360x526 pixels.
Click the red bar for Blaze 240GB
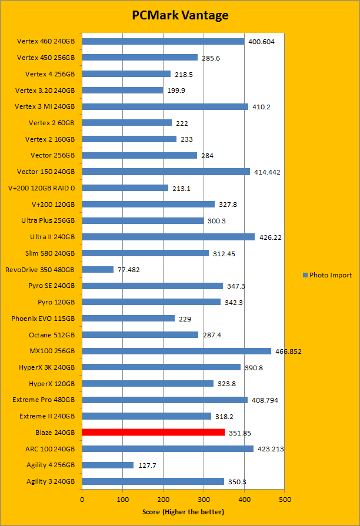(153, 433)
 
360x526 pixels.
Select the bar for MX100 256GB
(176, 351)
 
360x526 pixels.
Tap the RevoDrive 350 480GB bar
(98, 270)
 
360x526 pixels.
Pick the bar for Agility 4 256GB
(108, 465)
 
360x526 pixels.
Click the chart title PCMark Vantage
(180, 15)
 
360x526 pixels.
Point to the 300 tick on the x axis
(204, 499)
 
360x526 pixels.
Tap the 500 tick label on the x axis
(285, 499)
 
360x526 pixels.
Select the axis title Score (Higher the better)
(183, 512)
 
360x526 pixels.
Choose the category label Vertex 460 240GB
(46, 42)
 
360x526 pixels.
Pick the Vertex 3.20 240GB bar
(122, 91)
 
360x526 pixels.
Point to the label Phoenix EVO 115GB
(43, 319)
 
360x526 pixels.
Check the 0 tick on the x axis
(82, 499)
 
